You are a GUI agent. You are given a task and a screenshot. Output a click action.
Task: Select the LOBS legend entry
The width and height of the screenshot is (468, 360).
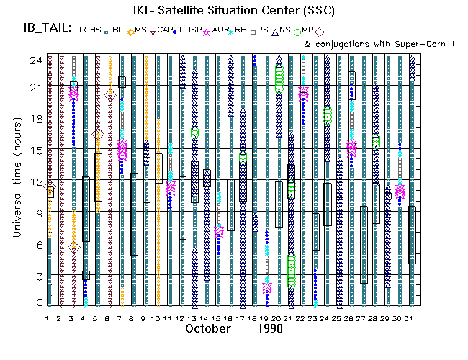(90, 30)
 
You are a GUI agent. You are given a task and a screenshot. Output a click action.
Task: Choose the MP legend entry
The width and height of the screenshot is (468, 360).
(307, 30)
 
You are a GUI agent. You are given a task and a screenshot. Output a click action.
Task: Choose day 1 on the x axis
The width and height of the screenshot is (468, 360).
(48, 318)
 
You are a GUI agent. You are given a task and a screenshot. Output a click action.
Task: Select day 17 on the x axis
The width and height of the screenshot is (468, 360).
(243, 318)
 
